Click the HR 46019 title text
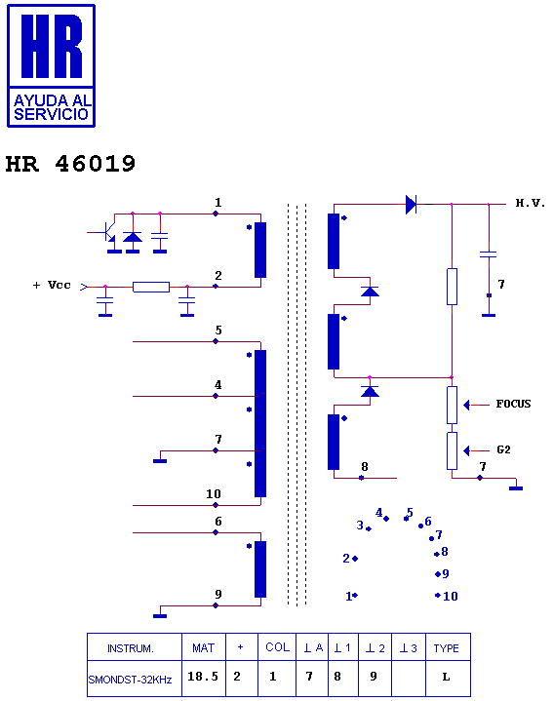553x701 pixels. point(70,164)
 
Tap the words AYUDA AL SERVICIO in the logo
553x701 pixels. point(52,107)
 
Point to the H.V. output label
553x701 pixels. point(531,203)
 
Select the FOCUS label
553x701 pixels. point(513,405)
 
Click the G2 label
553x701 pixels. point(503,449)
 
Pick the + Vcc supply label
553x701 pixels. point(52,286)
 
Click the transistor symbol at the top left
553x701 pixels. point(106,232)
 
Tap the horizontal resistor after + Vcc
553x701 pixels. point(151,287)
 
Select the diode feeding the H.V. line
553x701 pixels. point(411,205)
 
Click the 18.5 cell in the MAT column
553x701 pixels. point(203,677)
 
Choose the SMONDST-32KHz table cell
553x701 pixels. point(130,680)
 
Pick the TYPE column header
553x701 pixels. point(446,648)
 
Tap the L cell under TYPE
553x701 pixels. point(446,678)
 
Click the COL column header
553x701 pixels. point(277,647)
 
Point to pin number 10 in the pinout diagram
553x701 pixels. point(451,596)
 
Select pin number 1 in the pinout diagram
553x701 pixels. point(349,596)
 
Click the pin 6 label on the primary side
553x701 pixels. point(218,522)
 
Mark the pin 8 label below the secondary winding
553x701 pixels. point(365,467)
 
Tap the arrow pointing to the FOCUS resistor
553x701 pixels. point(477,405)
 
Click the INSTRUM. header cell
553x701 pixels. point(131,648)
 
